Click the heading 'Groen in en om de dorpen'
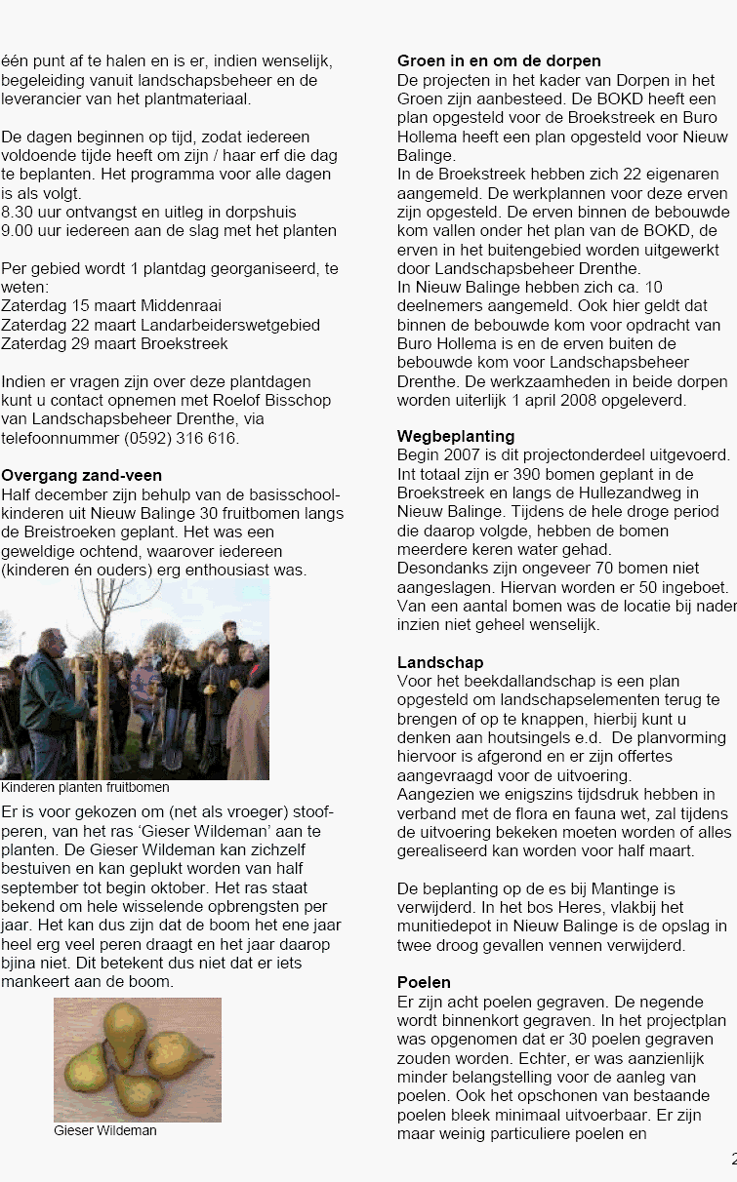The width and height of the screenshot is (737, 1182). click(499, 61)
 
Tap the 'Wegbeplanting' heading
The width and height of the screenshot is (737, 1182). click(456, 436)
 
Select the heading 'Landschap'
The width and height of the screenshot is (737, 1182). click(440, 663)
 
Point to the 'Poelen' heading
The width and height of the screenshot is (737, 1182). click(424, 982)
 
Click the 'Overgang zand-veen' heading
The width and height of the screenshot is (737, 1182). click(82, 476)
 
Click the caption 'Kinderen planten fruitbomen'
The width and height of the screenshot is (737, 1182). click(85, 788)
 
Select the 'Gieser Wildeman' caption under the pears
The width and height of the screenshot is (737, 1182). click(104, 1131)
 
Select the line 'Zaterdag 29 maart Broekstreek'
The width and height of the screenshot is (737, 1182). click(114, 343)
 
